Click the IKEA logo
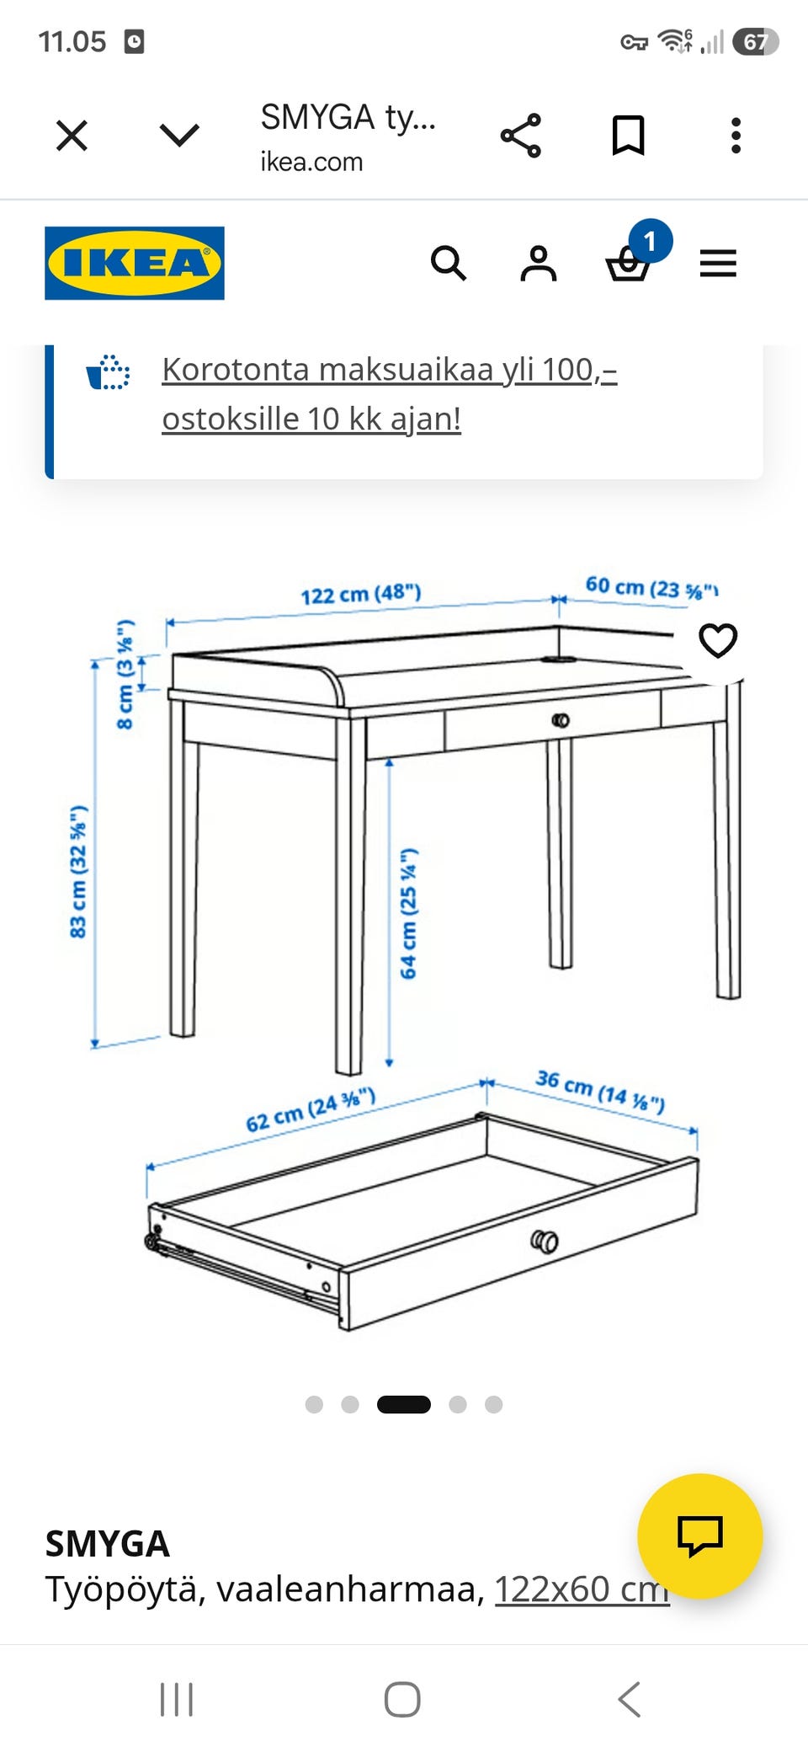[135, 263]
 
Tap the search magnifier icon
[448, 264]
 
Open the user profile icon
[539, 264]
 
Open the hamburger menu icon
[718, 264]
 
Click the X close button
[72, 135]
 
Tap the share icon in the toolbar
[521, 136]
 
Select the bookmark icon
[628, 136]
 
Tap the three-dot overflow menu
[736, 136]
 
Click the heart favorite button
[718, 640]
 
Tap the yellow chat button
[700, 1536]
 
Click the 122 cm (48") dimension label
[361, 594]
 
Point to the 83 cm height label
[78, 872]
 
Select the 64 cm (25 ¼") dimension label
[408, 914]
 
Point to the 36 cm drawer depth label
[600, 1091]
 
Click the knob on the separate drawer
[545, 1241]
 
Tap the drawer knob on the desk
[561, 721]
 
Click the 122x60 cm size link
[582, 1589]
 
